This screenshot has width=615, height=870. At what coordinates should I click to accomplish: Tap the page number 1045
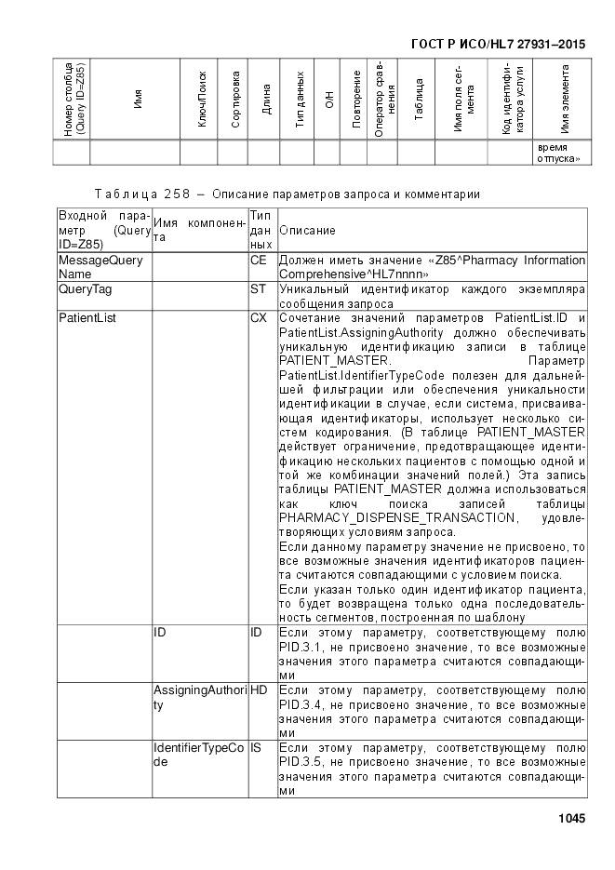(571, 818)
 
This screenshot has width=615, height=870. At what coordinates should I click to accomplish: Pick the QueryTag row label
(82, 290)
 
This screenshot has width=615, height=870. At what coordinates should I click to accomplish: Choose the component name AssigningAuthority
(198, 698)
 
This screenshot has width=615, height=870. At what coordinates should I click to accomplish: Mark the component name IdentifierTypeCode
(198, 755)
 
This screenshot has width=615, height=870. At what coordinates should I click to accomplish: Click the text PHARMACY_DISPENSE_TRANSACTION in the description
(395, 517)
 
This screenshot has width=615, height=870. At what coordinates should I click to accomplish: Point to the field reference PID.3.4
(299, 705)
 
